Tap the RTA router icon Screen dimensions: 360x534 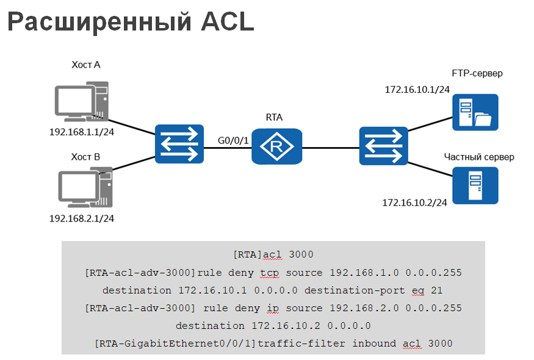(277, 146)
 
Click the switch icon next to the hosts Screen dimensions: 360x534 (179, 143)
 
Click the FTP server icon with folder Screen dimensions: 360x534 (475, 112)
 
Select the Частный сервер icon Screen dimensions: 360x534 (475, 185)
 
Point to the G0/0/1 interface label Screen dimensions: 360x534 (233, 141)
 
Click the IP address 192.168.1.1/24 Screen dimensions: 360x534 (82, 131)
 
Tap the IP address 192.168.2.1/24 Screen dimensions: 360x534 (82, 218)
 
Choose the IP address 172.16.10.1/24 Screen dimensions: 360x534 (417, 89)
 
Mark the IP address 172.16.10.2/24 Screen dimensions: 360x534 (415, 202)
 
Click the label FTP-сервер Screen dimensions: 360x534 (477, 74)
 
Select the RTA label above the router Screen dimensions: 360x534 (275, 117)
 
